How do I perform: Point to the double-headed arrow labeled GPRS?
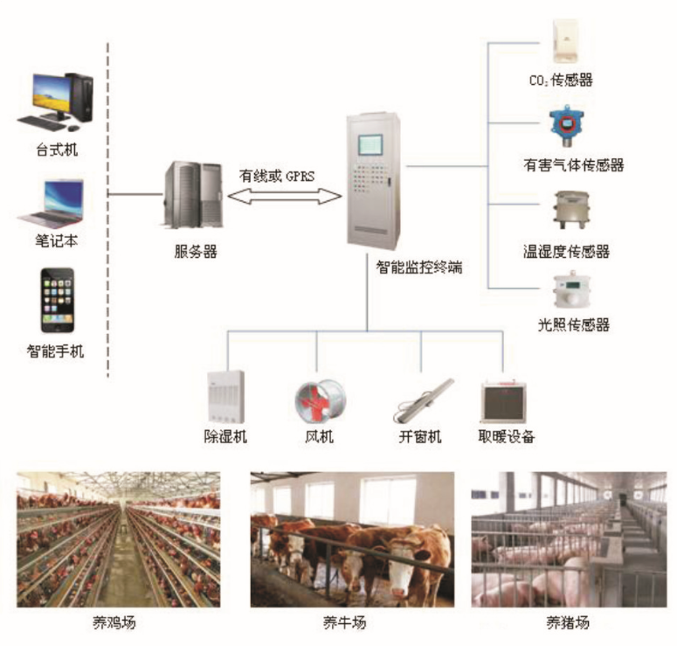point(284,197)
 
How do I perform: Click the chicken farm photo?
point(119,539)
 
